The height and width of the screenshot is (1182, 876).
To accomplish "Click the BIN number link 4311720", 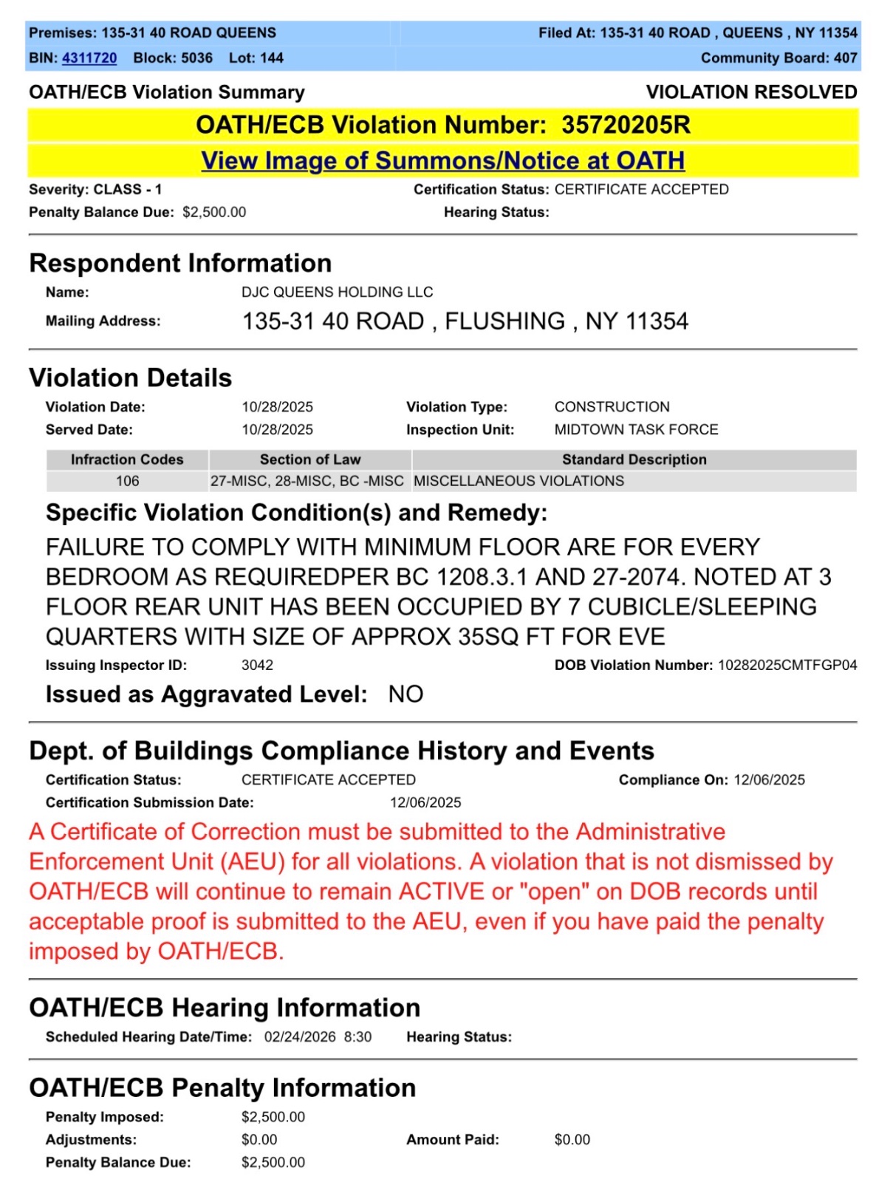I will (x=89, y=58).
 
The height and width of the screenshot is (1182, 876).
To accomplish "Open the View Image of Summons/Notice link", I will (x=442, y=161).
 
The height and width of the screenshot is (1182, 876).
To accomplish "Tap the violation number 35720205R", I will (x=626, y=125).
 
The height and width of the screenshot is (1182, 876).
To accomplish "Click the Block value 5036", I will (x=196, y=58).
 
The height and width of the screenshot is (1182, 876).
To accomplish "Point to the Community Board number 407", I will (x=845, y=58).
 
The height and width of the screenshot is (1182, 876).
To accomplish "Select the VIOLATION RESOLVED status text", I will (x=750, y=92).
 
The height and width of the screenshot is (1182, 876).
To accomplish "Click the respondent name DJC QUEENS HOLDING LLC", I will (x=337, y=293).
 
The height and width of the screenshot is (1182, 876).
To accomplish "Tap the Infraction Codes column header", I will (x=127, y=460).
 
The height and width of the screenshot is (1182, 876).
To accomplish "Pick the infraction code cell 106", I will (x=127, y=482).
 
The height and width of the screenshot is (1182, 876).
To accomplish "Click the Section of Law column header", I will (x=310, y=460).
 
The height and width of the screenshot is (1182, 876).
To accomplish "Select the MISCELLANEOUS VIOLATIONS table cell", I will (x=519, y=482).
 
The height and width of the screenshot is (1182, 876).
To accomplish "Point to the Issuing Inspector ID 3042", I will (x=257, y=666).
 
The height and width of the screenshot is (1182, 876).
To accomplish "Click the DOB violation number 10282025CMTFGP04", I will (x=787, y=666).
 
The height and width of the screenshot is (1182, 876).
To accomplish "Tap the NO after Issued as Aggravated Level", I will (x=406, y=695).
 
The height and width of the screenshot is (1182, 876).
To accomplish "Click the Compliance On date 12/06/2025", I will (x=769, y=780).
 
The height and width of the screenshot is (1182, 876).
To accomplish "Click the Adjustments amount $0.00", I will (x=259, y=1140).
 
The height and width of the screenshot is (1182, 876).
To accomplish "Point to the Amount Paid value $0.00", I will (x=572, y=1140).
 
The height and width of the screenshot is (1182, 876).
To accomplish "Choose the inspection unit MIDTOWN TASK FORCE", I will (x=636, y=430).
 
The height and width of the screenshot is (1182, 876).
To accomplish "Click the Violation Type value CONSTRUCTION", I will (x=612, y=407).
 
